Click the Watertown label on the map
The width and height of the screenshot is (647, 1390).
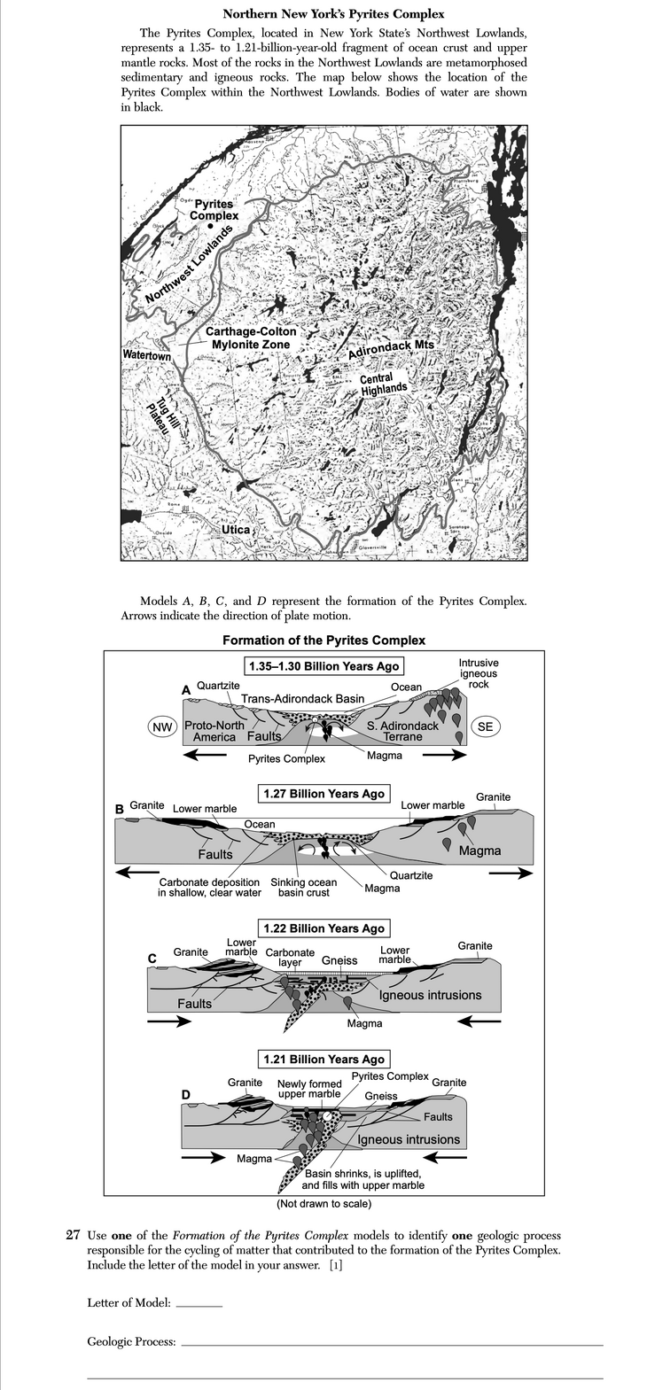(x=146, y=355)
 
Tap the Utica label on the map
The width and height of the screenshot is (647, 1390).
(x=236, y=529)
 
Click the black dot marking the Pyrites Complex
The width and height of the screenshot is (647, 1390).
(x=210, y=227)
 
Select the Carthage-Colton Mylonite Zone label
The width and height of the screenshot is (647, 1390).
(x=251, y=338)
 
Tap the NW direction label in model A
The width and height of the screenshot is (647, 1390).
(x=161, y=726)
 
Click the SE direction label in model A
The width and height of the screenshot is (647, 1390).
(x=485, y=726)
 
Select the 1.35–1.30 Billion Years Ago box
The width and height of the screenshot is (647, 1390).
(x=323, y=665)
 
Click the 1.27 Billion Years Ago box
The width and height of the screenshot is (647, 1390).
(x=323, y=794)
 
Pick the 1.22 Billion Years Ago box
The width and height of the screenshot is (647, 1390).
(x=323, y=928)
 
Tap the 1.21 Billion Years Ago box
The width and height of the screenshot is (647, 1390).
(x=323, y=1059)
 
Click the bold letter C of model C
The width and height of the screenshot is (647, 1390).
(x=152, y=959)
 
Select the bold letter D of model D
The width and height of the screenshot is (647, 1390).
(x=187, y=1093)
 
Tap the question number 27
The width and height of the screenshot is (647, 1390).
(x=74, y=1236)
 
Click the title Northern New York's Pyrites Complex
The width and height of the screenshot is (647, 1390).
(x=333, y=14)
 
